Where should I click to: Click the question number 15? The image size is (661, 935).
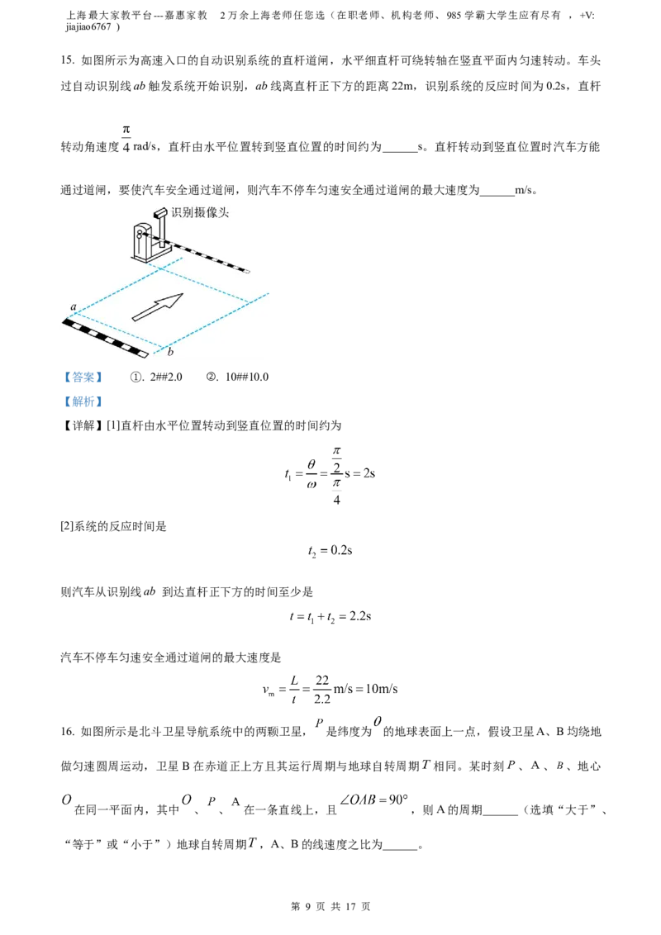pyautogui.click(x=67, y=60)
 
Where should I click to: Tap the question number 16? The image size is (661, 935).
pyautogui.click(x=67, y=732)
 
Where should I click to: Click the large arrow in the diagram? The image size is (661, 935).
pyautogui.click(x=158, y=306)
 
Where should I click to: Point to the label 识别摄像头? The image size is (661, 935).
pyautogui.click(x=200, y=212)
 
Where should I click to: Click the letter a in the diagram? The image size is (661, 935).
pyautogui.click(x=74, y=307)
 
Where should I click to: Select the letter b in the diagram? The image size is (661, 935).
pyautogui.click(x=170, y=352)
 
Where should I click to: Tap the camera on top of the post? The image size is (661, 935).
pyautogui.click(x=160, y=213)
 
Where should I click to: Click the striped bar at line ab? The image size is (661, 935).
pyautogui.click(x=105, y=338)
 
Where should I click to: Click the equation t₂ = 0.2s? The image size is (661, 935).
pyautogui.click(x=330, y=551)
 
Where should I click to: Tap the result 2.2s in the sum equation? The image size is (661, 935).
pyautogui.click(x=360, y=616)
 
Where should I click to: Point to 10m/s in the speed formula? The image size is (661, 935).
pyautogui.click(x=382, y=689)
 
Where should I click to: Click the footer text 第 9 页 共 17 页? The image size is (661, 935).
pyautogui.click(x=330, y=906)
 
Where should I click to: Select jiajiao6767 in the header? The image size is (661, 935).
pyautogui.click(x=88, y=26)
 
